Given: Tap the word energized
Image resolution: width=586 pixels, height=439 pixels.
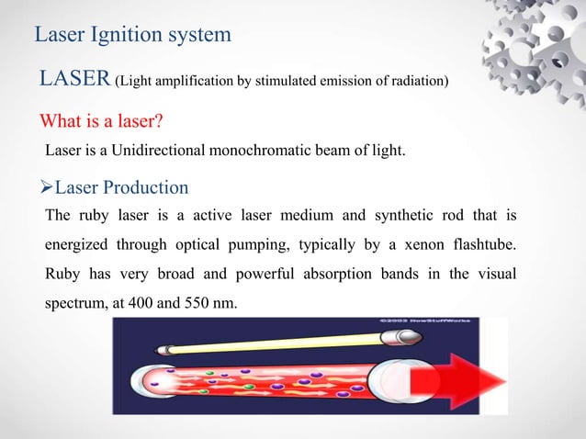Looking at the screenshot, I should [x=79, y=245].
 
